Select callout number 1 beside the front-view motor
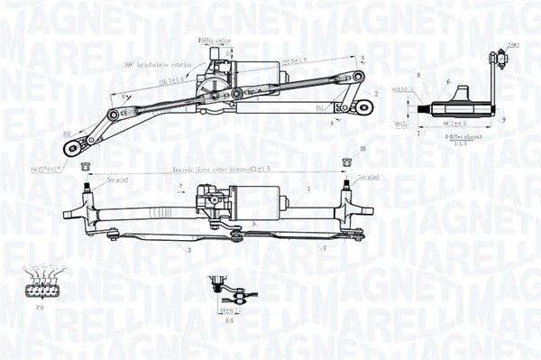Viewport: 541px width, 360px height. coord(308,189)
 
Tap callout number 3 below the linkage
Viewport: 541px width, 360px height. coord(189,250)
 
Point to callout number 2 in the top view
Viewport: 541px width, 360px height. coord(375,94)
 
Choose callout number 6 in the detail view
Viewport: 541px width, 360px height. coord(447,82)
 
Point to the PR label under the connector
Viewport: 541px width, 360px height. coord(41,307)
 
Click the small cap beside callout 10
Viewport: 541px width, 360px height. coord(345,162)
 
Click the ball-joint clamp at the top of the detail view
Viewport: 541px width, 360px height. coord(494,60)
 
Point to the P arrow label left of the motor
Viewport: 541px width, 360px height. coord(180,186)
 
